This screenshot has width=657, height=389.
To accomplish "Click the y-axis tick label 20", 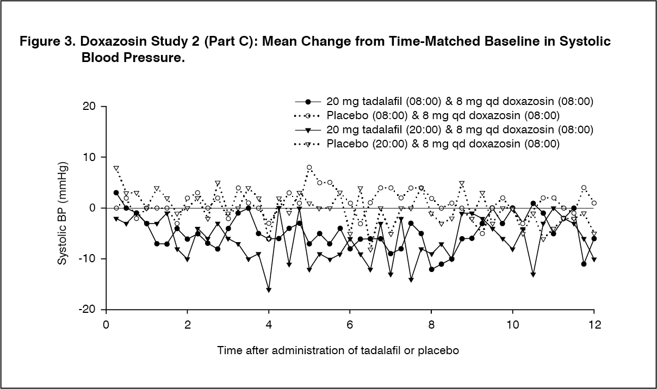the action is tap(89, 106).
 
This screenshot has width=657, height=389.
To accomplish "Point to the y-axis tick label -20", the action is tap(87, 310).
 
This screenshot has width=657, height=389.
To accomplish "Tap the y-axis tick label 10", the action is tap(89, 157).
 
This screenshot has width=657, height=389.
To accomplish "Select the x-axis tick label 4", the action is tap(268, 325).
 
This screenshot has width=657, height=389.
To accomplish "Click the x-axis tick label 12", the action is tap(594, 325).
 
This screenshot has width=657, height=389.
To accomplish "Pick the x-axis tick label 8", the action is tap(431, 325).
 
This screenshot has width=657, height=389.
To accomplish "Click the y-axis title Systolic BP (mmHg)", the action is tap(62, 213).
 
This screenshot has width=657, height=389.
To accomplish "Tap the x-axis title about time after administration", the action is tap(338, 350).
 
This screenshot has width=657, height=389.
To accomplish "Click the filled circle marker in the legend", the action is tap(308, 102).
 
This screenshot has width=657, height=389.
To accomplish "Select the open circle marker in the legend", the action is tap(308, 116).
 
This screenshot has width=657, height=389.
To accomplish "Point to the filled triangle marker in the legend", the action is tap(308, 129).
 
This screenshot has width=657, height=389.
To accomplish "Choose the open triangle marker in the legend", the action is tap(308, 144).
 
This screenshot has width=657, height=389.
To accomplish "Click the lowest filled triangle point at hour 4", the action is tap(269, 290).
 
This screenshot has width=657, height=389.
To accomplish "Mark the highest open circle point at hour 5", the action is tap(309, 167).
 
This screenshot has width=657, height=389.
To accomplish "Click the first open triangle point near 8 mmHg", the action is tap(116, 168).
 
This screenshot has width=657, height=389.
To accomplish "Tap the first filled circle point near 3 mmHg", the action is tap(116, 193).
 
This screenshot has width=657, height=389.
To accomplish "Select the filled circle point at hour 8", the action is tap(431, 269).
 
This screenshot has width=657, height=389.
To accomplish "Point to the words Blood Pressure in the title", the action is tap(133, 58).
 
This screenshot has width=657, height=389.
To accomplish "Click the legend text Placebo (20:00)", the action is tap(367, 144).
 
